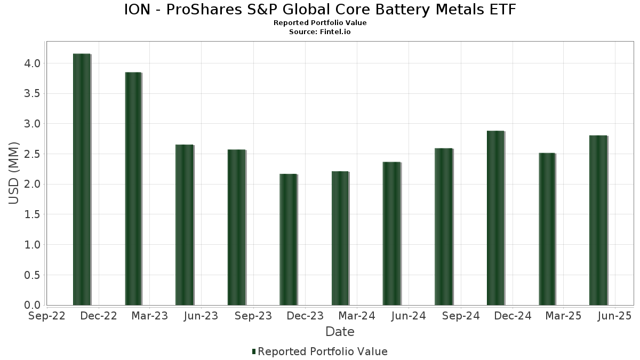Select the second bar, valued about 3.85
click(133, 189)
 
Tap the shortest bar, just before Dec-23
click(288, 239)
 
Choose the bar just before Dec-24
click(495, 218)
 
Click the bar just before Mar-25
click(547, 229)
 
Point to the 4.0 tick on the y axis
click(32, 63)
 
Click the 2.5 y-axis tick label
click(32, 154)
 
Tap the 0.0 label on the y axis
click(32, 305)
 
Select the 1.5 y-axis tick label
click(32, 214)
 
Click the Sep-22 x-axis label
click(47, 316)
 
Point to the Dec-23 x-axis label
click(305, 316)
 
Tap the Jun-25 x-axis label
click(614, 316)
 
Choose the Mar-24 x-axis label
click(357, 316)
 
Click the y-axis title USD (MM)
click(14, 173)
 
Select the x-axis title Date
click(340, 332)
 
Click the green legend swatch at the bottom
click(254, 351)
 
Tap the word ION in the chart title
click(138, 10)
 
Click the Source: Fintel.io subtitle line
click(320, 32)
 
